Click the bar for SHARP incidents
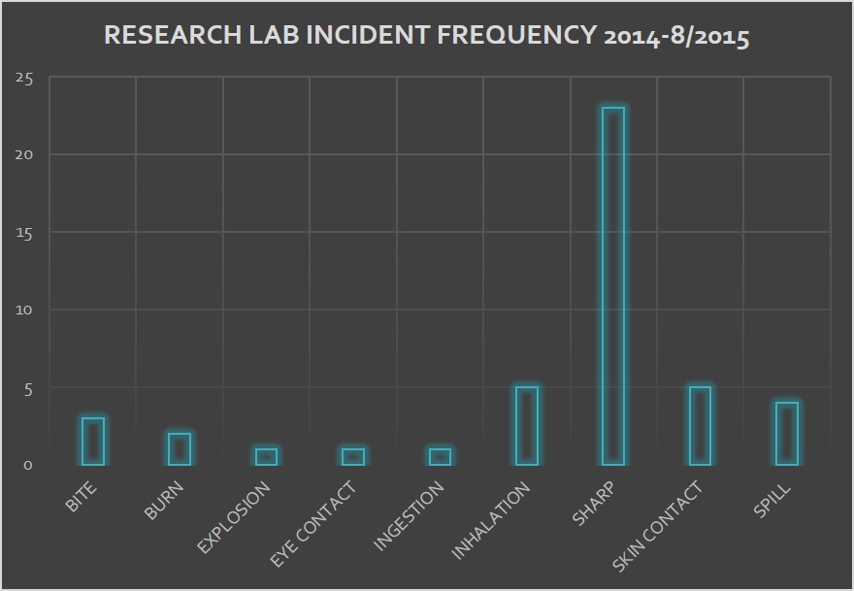pos(612,286)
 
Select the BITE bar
pos(93,442)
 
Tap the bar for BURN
pos(180,449)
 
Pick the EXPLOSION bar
pos(266,457)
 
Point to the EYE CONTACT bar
pos(353,457)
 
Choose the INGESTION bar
pos(440,457)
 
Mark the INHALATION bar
pos(526,426)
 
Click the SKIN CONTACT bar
pos(700,426)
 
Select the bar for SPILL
pos(786,434)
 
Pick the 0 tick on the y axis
pos(28,465)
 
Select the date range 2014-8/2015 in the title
pos(676,36)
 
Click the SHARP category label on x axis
pos(594,501)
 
